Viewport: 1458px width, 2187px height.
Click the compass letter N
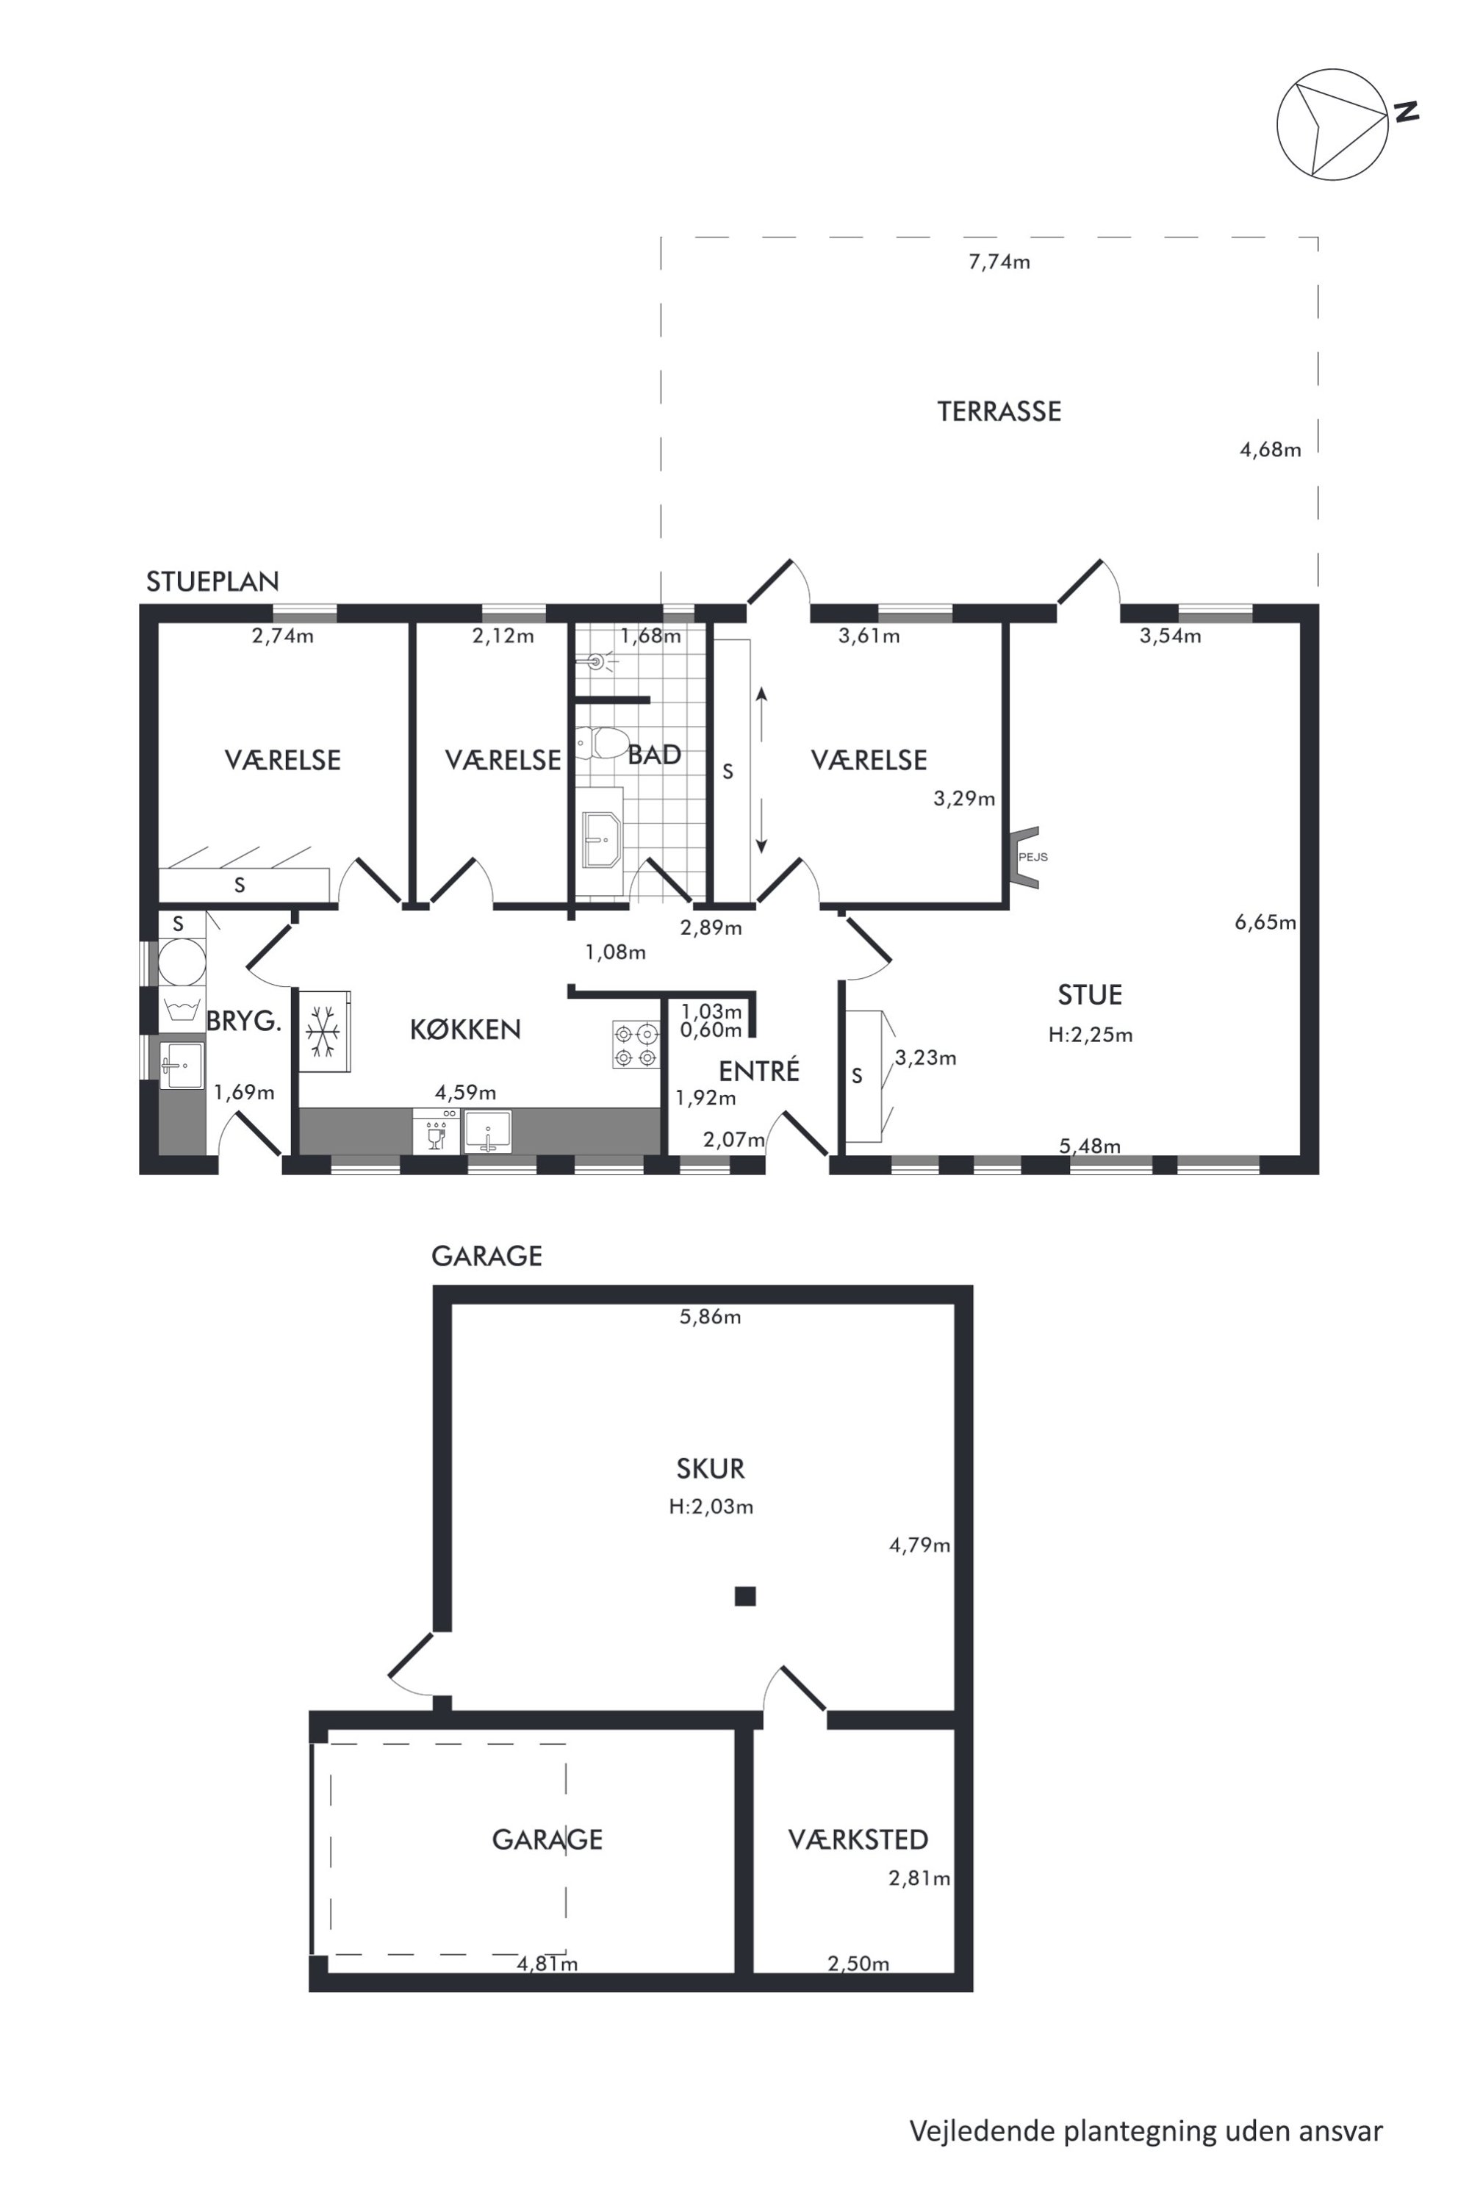[1406, 112]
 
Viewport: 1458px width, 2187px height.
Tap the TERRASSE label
[999, 412]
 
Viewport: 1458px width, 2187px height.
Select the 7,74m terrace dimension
[999, 262]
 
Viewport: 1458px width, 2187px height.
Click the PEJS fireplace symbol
[1027, 856]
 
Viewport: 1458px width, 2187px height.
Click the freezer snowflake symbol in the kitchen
[323, 1030]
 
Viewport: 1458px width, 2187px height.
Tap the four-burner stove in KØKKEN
[636, 1044]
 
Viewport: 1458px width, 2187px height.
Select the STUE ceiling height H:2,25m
[1090, 1035]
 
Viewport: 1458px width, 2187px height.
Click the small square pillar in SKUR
[745, 1597]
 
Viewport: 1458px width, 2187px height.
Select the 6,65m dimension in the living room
[1265, 922]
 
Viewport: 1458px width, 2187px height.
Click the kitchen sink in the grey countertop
[487, 1132]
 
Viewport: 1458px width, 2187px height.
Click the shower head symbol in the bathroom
[598, 662]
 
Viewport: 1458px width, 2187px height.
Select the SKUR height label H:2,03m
[711, 1507]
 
